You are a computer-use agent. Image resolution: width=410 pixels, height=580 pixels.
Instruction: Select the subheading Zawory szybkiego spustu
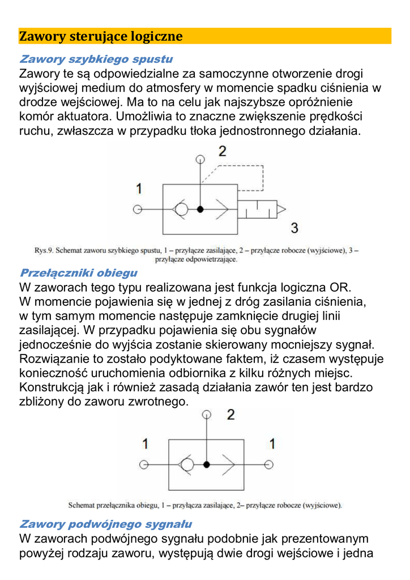pyautogui.click(x=96, y=59)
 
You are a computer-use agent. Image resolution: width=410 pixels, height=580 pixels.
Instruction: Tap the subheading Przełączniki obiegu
pyautogui.click(x=78, y=272)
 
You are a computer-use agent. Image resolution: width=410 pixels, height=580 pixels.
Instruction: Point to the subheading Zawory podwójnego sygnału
pyautogui.click(x=105, y=524)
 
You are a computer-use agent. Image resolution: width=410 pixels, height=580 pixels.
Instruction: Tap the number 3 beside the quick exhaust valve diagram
pyautogui.click(x=294, y=228)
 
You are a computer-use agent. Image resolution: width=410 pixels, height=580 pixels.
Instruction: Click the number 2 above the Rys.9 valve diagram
pyautogui.click(x=223, y=151)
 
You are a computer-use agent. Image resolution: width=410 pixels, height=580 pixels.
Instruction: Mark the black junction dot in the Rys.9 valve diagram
pyautogui.click(x=200, y=209)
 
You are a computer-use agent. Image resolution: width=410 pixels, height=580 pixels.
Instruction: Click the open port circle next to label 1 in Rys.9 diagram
pyautogui.click(x=137, y=209)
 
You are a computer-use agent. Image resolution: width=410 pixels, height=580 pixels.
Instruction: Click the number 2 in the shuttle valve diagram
pyautogui.click(x=230, y=415)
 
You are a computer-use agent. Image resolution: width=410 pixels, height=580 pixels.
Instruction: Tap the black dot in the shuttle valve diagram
pyautogui.click(x=207, y=464)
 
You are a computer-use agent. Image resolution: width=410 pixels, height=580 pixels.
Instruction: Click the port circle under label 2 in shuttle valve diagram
pyautogui.click(x=207, y=415)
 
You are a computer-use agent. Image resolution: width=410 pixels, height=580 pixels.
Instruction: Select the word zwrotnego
pyautogui.click(x=159, y=402)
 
